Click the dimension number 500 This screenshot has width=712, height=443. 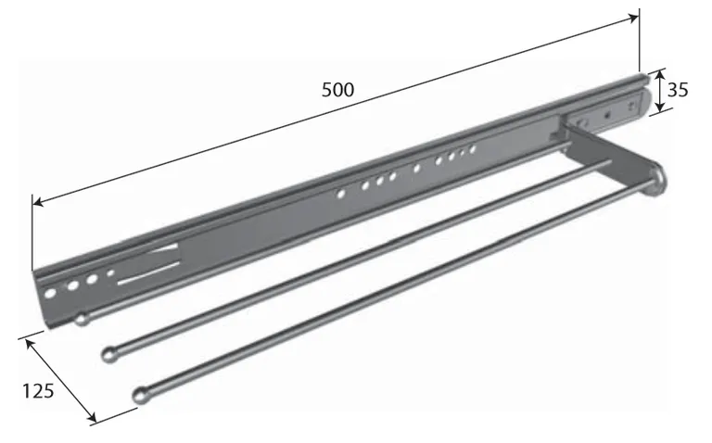pyautogui.click(x=337, y=90)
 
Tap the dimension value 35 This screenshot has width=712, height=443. pyautogui.click(x=678, y=90)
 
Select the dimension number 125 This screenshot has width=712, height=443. pyautogui.click(x=38, y=391)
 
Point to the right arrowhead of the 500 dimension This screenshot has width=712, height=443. pyautogui.click(x=633, y=18)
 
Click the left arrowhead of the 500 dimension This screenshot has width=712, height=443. pyautogui.click(x=38, y=201)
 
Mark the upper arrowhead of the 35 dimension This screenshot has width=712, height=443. pyautogui.click(x=659, y=74)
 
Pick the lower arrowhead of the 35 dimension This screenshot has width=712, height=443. pyautogui.click(x=661, y=108)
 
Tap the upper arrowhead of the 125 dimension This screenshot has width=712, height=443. pyautogui.click(x=30, y=344)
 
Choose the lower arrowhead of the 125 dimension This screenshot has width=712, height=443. pyautogui.click(x=91, y=416)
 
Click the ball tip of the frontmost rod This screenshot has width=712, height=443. pyautogui.click(x=141, y=396)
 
